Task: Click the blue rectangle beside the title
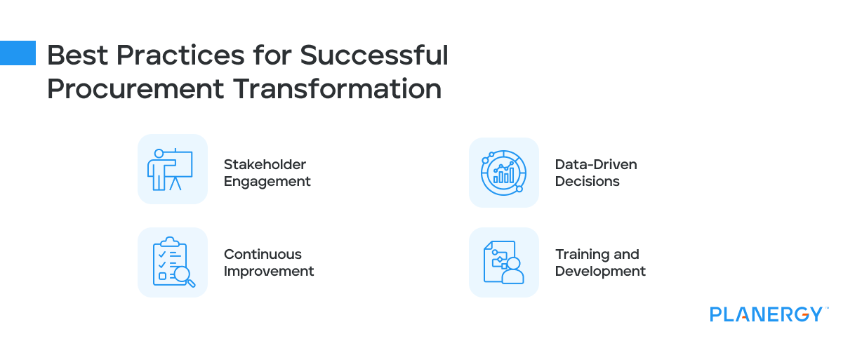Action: pos(18,53)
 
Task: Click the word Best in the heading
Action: pos(77,55)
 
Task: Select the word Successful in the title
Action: pos(374,55)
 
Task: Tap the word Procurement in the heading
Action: pos(135,89)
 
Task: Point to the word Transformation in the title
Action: pos(337,89)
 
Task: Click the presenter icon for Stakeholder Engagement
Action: pos(170,169)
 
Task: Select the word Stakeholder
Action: pos(265,165)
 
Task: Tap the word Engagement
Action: pos(267,182)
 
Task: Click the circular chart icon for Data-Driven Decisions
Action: pos(504,173)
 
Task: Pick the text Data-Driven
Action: pos(596,165)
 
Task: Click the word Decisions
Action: pos(588,182)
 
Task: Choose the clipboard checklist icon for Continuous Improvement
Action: pos(174,262)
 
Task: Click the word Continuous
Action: pos(263,255)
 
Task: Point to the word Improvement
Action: pos(269,272)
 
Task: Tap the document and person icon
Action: pos(504,262)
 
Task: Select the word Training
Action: pos(582,255)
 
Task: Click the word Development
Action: pos(600,272)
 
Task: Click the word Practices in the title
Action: pos(180,55)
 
